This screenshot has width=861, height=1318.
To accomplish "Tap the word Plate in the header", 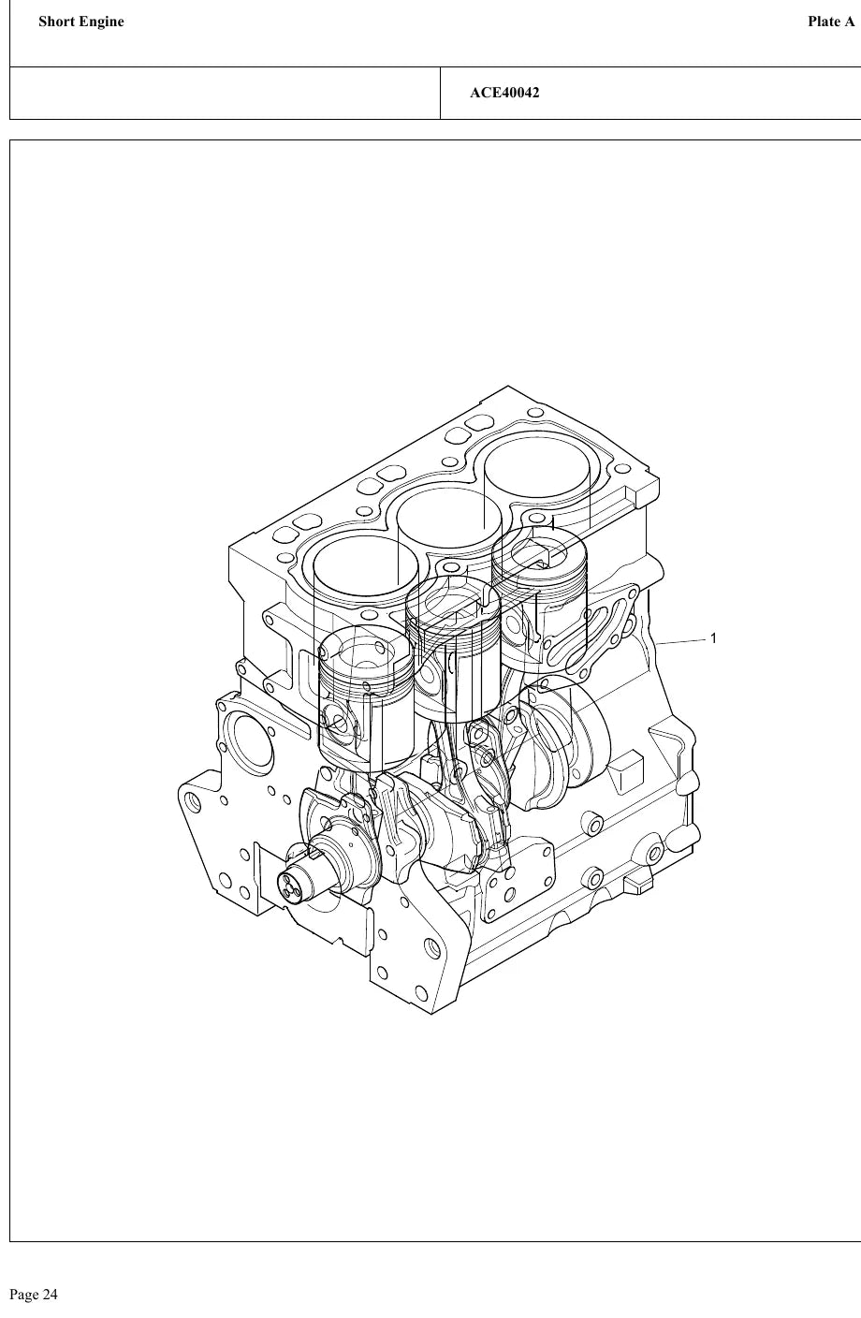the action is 823,22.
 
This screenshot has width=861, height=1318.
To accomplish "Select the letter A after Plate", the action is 849,22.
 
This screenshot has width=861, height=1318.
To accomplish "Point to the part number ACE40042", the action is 504,93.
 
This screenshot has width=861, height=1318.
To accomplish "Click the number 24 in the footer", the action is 50,1295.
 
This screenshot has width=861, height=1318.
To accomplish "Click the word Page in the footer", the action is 23,1295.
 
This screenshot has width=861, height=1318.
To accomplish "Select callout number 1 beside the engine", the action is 713,638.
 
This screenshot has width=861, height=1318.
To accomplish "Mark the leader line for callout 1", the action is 681,641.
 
